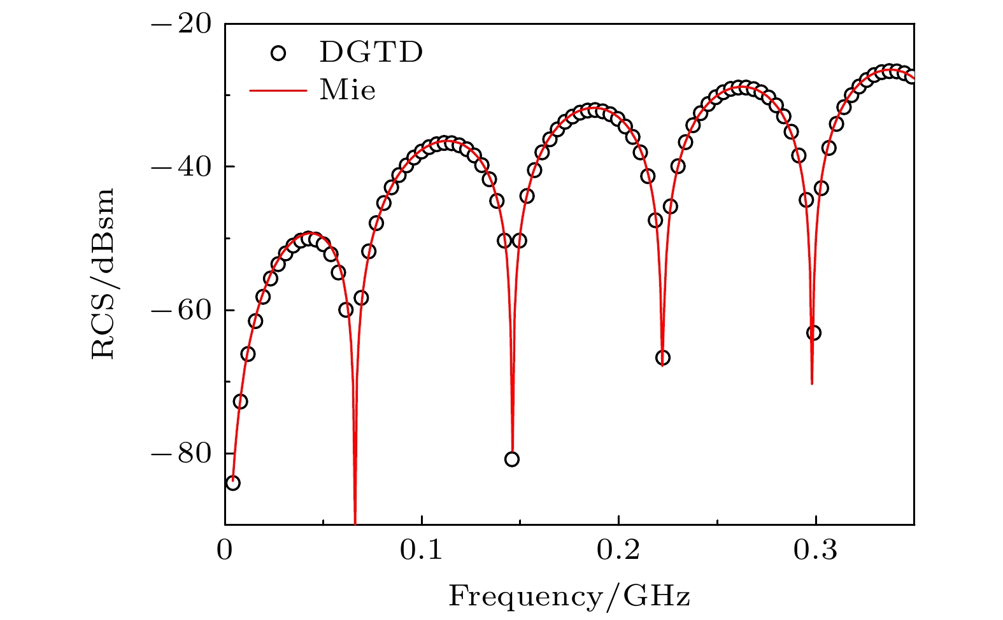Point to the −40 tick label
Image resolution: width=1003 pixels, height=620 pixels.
pos(181,167)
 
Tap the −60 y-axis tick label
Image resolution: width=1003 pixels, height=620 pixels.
pos(181,310)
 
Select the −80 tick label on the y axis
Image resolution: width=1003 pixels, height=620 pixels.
pos(181,453)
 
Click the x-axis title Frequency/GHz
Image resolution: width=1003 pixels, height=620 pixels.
pos(569,596)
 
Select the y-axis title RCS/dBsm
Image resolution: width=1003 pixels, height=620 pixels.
pos(103,274)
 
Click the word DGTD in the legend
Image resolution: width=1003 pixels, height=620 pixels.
pos(371,53)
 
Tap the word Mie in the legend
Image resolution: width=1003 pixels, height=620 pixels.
pos(348,90)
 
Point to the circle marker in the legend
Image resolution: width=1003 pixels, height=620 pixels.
pos(278,53)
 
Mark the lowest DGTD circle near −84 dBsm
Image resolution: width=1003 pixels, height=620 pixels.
pos(233,483)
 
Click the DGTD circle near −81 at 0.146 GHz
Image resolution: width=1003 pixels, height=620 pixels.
pos(512,459)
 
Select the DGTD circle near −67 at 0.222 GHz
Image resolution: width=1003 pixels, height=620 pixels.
pos(663,358)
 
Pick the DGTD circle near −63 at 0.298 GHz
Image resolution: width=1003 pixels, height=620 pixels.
pos(813,333)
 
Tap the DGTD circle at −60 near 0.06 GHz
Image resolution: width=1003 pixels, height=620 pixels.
pos(346,310)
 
